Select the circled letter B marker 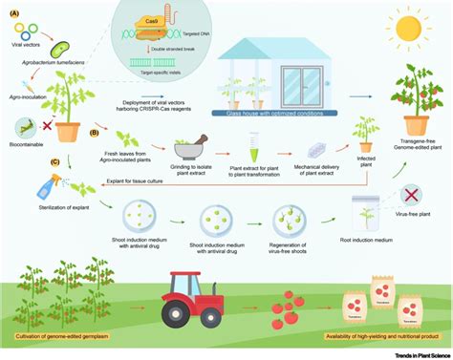pyautogui.click(x=92, y=134)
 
